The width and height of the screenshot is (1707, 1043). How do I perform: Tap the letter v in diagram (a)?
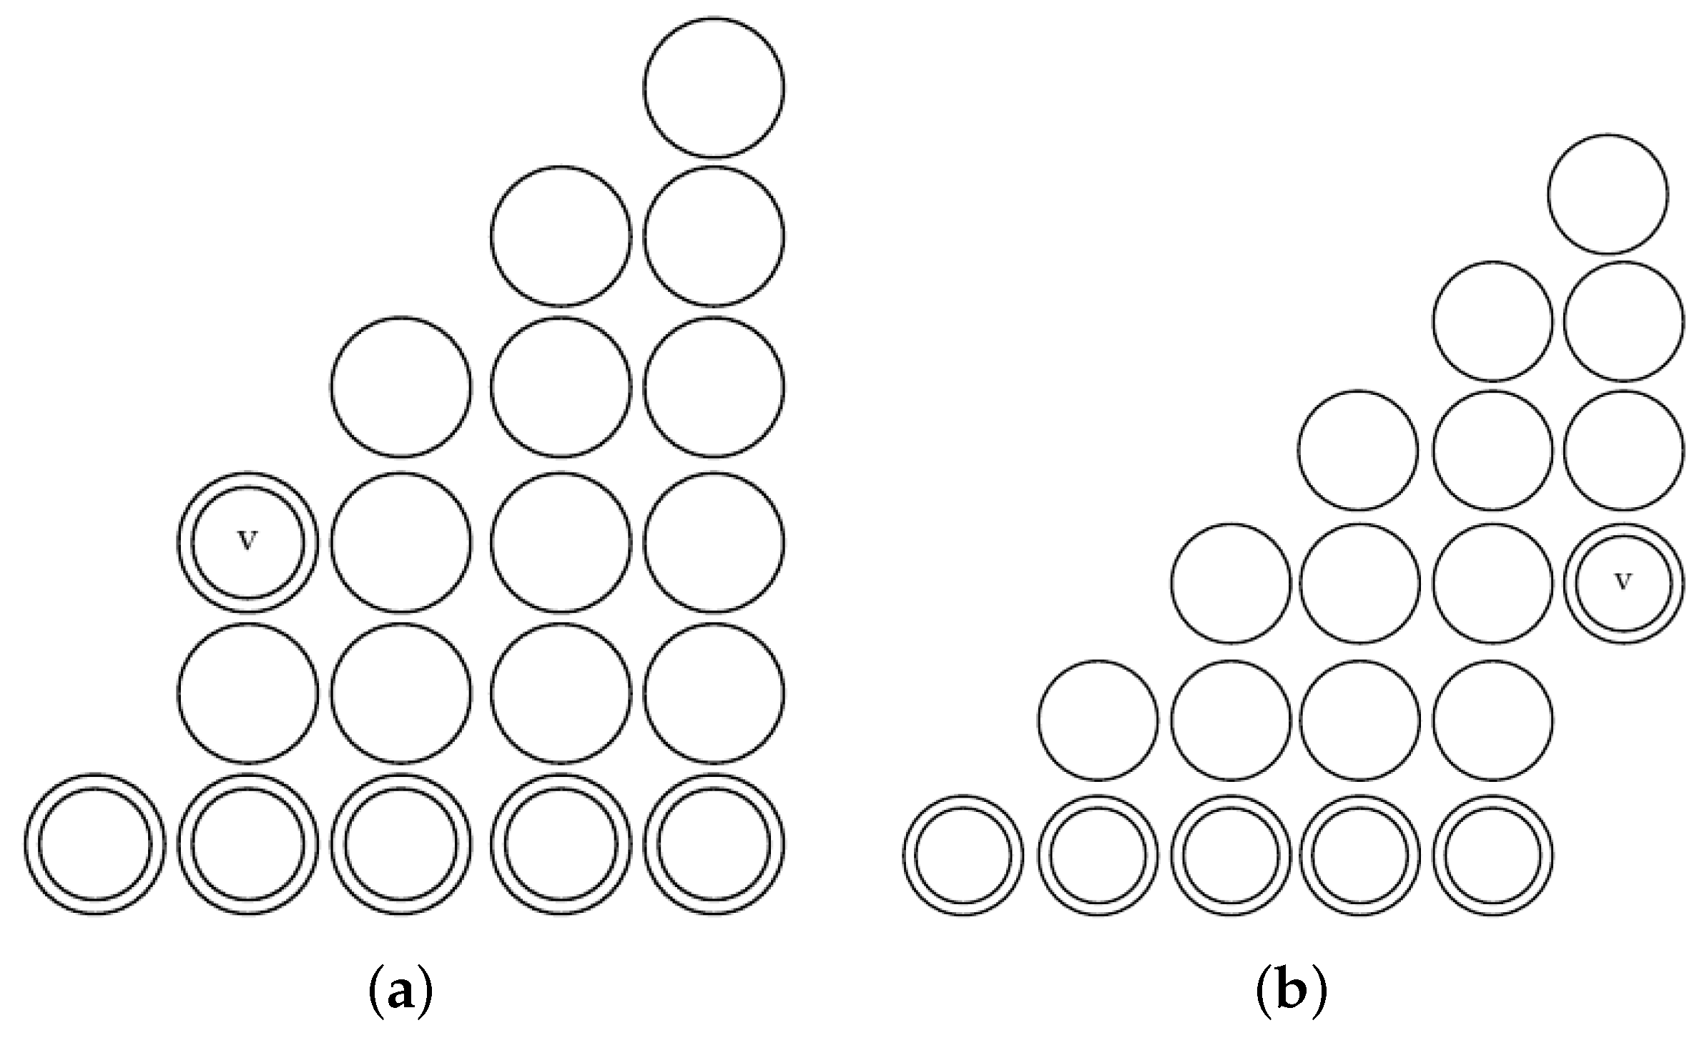click(x=247, y=542)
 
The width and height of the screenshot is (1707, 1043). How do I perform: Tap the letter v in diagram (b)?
click(x=1623, y=582)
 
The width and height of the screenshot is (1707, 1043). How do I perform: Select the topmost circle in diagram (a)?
click(x=714, y=87)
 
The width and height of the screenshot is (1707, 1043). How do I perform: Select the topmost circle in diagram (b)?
click(x=1608, y=194)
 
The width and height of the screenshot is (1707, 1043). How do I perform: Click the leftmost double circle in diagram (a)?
click(x=95, y=844)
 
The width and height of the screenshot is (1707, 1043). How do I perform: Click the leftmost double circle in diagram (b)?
click(x=963, y=856)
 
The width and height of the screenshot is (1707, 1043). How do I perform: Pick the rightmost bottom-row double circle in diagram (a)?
click(x=714, y=844)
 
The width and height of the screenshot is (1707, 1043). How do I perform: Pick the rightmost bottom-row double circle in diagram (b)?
click(x=1493, y=856)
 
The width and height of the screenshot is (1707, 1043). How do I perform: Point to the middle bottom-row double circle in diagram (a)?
click(x=401, y=844)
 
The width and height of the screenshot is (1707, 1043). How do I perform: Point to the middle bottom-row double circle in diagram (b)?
click(x=1231, y=856)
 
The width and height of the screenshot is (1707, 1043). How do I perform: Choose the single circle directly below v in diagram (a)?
click(x=247, y=692)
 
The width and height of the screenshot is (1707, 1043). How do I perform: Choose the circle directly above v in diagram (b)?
click(x=1623, y=451)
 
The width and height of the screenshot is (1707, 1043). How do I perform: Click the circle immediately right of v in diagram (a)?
click(x=401, y=542)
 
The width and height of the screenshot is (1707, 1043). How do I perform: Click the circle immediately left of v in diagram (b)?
click(x=1493, y=583)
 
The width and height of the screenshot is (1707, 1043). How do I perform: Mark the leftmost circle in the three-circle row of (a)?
click(x=401, y=386)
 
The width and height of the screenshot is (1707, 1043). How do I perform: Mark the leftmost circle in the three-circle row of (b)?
click(x=1358, y=451)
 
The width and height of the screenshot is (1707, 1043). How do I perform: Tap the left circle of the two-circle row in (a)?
click(x=561, y=235)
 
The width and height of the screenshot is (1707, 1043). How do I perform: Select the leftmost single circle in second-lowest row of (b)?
click(x=1098, y=720)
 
